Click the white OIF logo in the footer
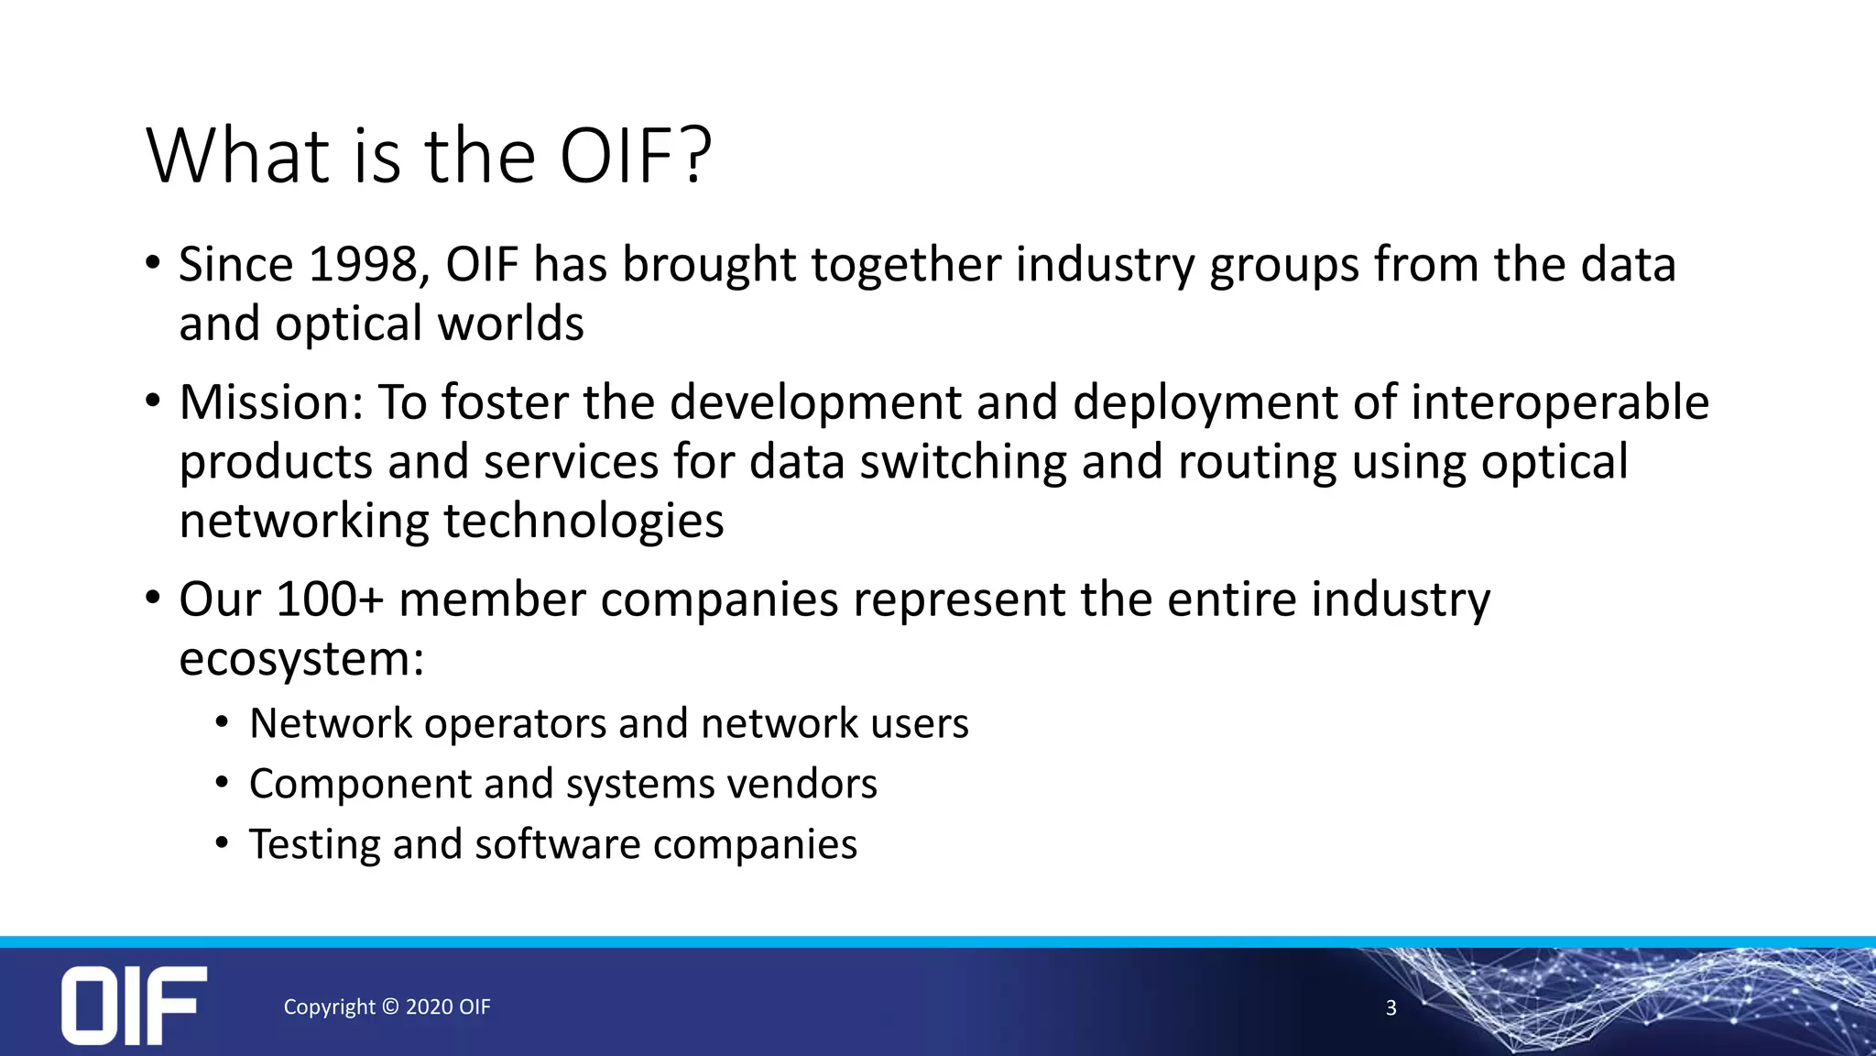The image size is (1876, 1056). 134,1005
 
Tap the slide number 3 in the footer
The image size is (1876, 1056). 1391,1008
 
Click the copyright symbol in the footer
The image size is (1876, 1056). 390,1006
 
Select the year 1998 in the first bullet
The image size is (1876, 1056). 363,265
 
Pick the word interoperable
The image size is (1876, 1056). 1560,402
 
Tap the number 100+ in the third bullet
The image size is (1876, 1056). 328,599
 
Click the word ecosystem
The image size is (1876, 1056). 301,659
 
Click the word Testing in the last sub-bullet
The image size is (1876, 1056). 313,844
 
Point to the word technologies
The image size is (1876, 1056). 584,522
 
